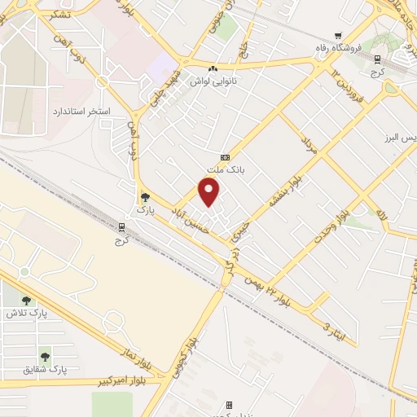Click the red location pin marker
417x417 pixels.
pyautogui.click(x=209, y=191)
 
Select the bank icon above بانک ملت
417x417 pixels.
pyautogui.click(x=225, y=157)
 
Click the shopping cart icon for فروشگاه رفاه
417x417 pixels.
pyautogui.click(x=337, y=36)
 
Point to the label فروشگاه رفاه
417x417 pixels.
pyautogui.click(x=336, y=48)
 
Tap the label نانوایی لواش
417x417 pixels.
pyautogui.click(x=212, y=82)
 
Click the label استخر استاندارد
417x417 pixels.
pyautogui.click(x=81, y=109)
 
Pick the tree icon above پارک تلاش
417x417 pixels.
pyautogui.click(x=27, y=300)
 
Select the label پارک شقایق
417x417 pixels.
pyautogui.click(x=46, y=369)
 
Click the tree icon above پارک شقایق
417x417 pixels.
pyautogui.click(x=45, y=356)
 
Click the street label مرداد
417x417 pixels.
pyautogui.click(x=308, y=147)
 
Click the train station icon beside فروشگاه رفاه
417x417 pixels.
pyautogui.click(x=377, y=59)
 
